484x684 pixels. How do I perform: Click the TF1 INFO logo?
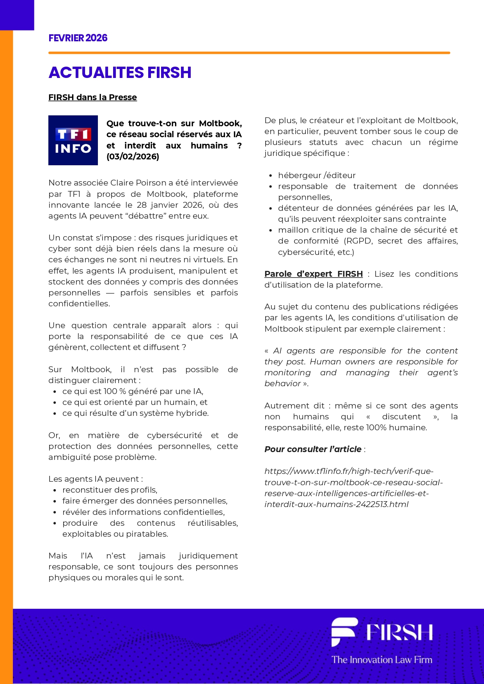(x=73, y=140)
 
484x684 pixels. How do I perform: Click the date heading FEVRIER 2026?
(x=78, y=38)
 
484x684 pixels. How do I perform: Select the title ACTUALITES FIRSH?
(x=120, y=73)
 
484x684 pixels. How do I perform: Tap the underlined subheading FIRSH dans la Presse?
(x=92, y=97)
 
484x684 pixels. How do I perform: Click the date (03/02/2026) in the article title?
(x=133, y=157)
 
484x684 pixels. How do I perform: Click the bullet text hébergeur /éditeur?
(x=317, y=175)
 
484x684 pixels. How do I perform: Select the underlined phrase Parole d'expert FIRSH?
(x=314, y=274)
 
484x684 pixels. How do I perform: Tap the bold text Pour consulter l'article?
(x=313, y=449)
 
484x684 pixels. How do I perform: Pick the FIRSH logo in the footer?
(x=382, y=632)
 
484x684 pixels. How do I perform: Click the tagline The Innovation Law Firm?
(x=382, y=660)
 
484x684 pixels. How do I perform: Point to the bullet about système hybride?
(x=135, y=413)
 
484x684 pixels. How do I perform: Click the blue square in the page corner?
(x=17, y=15)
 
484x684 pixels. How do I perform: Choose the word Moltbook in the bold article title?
(x=220, y=124)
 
